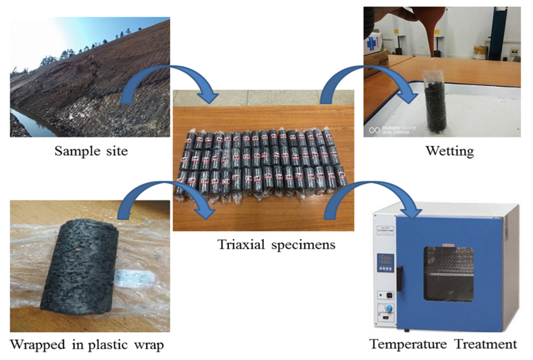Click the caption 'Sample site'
click(91, 151)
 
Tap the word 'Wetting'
click(450, 151)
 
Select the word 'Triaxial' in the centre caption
click(241, 245)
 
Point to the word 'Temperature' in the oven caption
click(408, 344)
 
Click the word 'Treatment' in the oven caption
click(486, 344)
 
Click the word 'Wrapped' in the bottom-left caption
click(37, 345)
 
